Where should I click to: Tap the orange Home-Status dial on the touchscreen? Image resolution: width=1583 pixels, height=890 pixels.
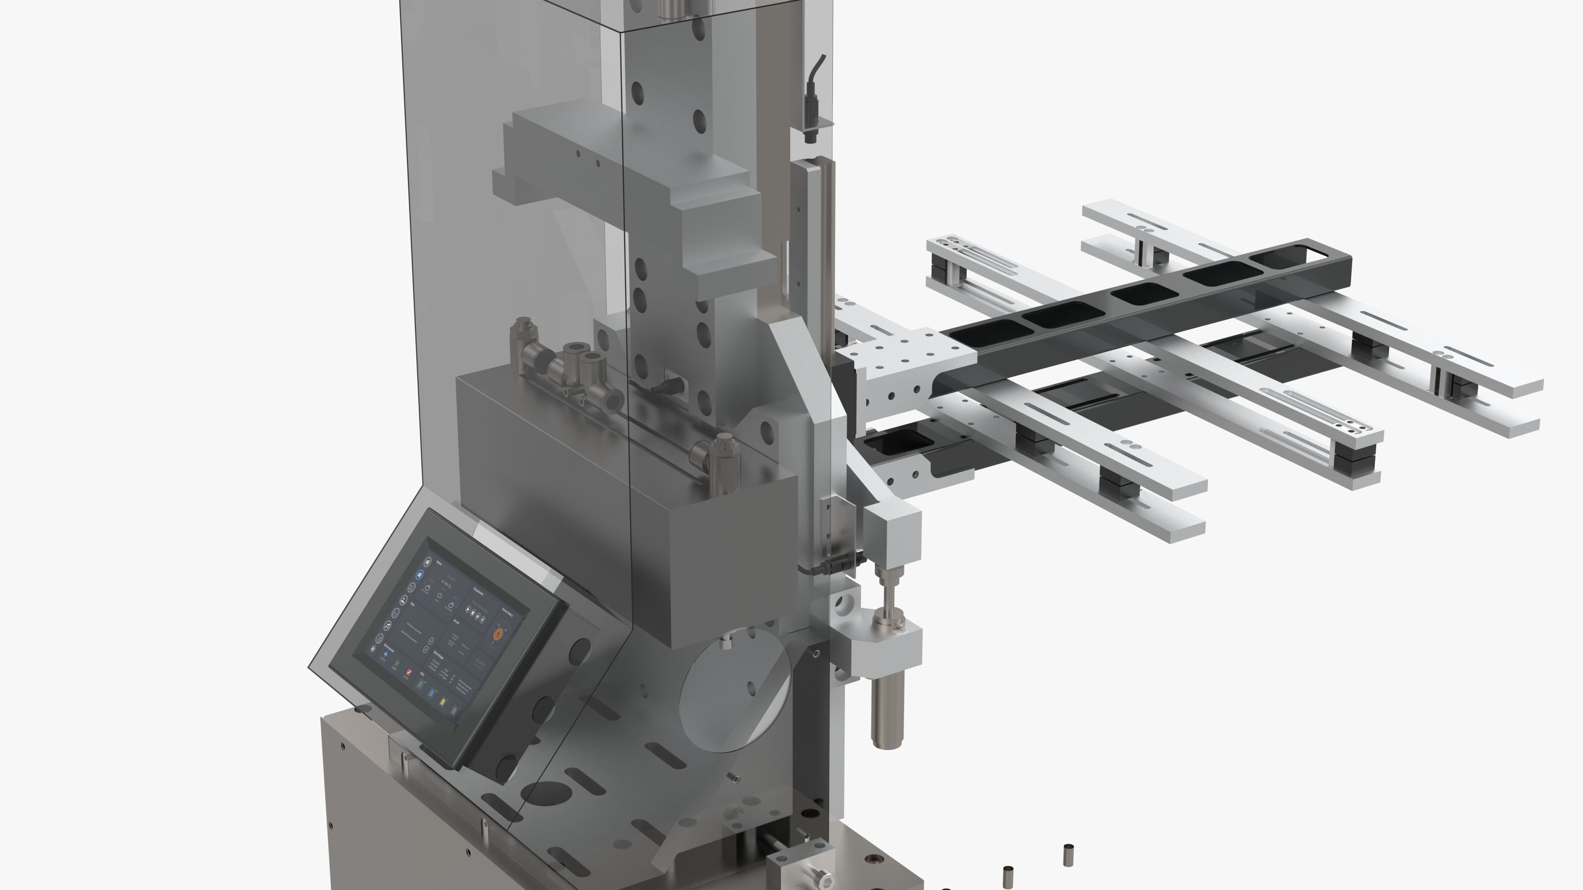point(498,634)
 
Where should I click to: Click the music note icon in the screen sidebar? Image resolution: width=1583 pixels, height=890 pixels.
point(388,625)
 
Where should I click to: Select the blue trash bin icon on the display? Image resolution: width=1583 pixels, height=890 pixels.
point(432,693)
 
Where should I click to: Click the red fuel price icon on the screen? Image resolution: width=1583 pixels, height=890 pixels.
point(409,672)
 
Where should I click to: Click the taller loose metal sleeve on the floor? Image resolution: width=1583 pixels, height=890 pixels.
point(1069,855)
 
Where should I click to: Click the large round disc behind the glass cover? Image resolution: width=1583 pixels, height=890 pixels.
point(734,694)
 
